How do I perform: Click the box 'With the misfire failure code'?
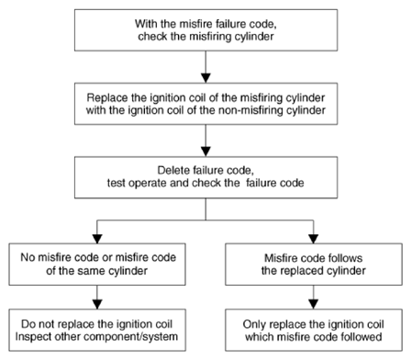coord(206,30)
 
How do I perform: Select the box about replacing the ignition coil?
coord(206,104)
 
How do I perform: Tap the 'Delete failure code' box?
coord(206,177)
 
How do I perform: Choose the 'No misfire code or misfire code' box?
coord(97,264)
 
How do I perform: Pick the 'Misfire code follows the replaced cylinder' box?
coord(314,264)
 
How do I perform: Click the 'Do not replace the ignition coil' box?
coord(97,330)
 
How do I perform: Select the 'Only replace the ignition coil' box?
coord(314,330)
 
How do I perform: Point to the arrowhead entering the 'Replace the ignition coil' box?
coord(206,78)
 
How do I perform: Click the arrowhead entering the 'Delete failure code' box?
coord(206,152)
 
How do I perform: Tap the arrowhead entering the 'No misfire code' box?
coord(97,239)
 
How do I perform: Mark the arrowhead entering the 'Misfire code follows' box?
coord(314,239)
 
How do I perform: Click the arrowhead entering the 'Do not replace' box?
coord(97,305)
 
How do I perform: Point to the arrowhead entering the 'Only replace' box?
coord(314,305)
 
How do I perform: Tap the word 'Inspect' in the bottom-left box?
coord(33,337)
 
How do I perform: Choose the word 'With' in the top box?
coord(145,24)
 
